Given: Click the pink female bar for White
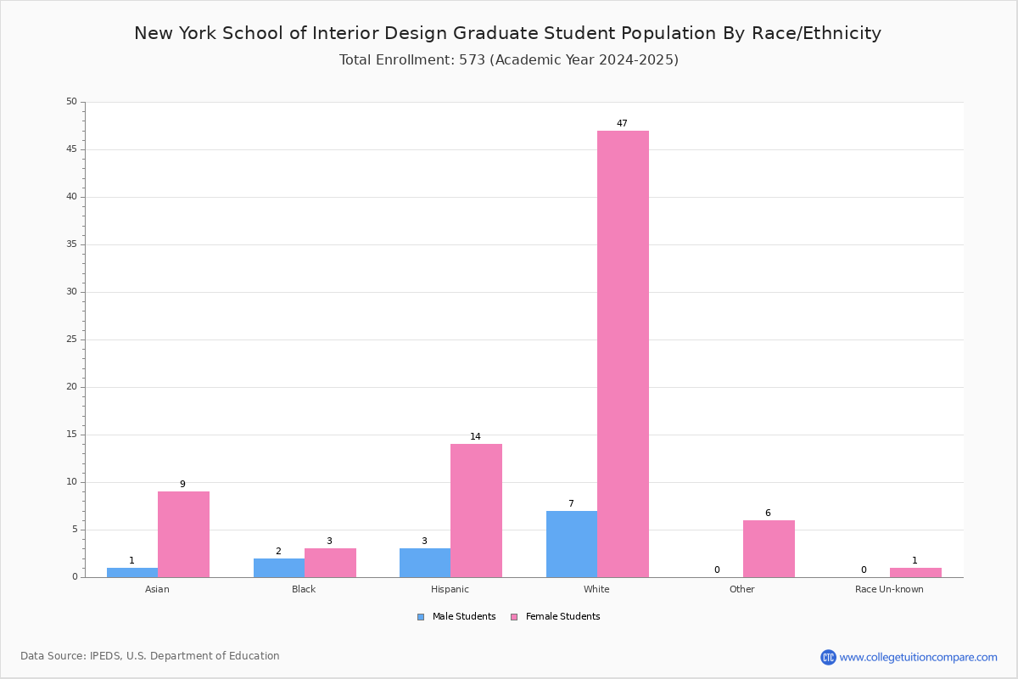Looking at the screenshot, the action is point(623,354).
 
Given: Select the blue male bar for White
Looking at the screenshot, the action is point(572,544).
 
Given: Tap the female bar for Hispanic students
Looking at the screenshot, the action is point(476,510).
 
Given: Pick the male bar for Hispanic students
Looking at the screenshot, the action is point(425,563).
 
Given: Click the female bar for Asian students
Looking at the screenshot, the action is point(183,534).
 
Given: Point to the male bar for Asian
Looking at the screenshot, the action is point(132,572).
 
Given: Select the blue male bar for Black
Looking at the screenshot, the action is point(279,568).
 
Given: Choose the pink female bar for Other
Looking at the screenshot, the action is point(769,548).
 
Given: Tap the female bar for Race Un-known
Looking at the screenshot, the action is point(915,572).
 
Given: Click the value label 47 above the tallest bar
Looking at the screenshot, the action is point(622,123).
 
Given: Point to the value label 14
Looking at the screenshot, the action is point(475,436).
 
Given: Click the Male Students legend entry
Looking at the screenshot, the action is point(456,616).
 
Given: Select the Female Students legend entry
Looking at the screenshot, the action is point(556,616).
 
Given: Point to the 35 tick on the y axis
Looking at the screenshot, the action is point(71,244).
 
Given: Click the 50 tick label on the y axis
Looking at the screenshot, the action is point(71,101).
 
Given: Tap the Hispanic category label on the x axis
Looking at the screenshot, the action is point(450,589).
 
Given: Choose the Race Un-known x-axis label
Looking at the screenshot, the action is point(889,589).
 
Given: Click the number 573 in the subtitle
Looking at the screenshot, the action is point(473,60).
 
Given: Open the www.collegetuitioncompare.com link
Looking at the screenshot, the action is point(918,657).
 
